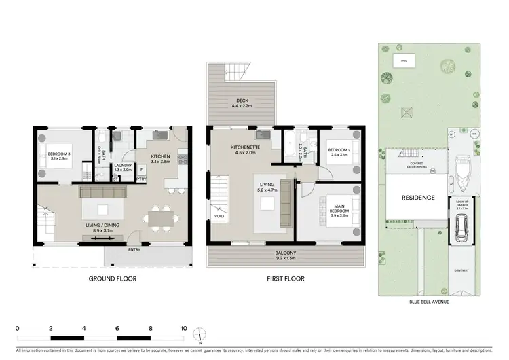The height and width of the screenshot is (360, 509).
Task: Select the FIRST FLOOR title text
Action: (x=284, y=279)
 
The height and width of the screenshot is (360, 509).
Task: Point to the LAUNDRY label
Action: (x=122, y=166)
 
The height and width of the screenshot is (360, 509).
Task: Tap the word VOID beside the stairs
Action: (x=219, y=218)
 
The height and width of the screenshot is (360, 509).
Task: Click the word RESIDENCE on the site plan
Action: (x=413, y=196)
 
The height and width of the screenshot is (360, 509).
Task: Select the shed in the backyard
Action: (x=404, y=60)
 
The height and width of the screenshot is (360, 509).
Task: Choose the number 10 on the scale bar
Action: (x=183, y=328)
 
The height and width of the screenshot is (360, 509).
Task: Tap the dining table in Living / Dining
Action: (x=160, y=219)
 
